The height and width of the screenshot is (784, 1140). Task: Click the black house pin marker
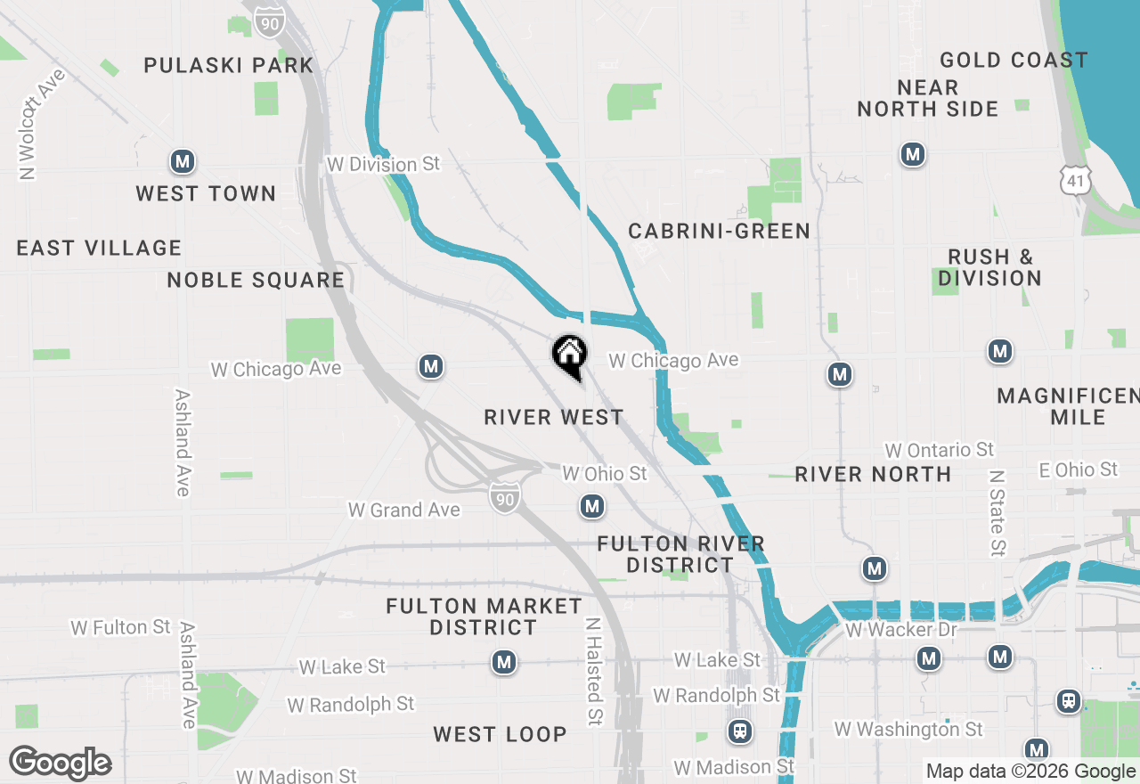pyautogui.click(x=569, y=356)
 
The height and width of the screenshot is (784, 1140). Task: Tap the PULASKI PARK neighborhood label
pyautogui.click(x=229, y=65)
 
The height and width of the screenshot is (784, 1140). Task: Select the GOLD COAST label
pyautogui.click(x=1014, y=61)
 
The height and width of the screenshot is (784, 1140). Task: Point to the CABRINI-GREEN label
pyautogui.click(x=720, y=232)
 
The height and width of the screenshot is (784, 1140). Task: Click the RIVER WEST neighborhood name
pyautogui.click(x=554, y=417)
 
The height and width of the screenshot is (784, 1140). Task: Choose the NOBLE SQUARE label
pyautogui.click(x=256, y=281)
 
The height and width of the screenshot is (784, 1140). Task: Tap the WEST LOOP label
pyautogui.click(x=500, y=734)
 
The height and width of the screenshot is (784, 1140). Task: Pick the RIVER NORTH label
pyautogui.click(x=873, y=474)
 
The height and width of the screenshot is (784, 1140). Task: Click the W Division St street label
pyautogui.click(x=384, y=165)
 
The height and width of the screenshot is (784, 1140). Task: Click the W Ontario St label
pyautogui.click(x=939, y=450)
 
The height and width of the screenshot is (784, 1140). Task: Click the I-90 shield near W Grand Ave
pyautogui.click(x=504, y=499)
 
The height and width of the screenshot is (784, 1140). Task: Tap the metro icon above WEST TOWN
pyautogui.click(x=183, y=162)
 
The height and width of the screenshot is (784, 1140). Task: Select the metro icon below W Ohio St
pyautogui.click(x=592, y=507)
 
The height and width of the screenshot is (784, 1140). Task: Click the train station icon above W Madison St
pyautogui.click(x=739, y=731)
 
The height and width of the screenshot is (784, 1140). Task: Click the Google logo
pyautogui.click(x=60, y=763)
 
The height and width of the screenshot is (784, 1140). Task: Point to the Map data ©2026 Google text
pyautogui.click(x=1030, y=772)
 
